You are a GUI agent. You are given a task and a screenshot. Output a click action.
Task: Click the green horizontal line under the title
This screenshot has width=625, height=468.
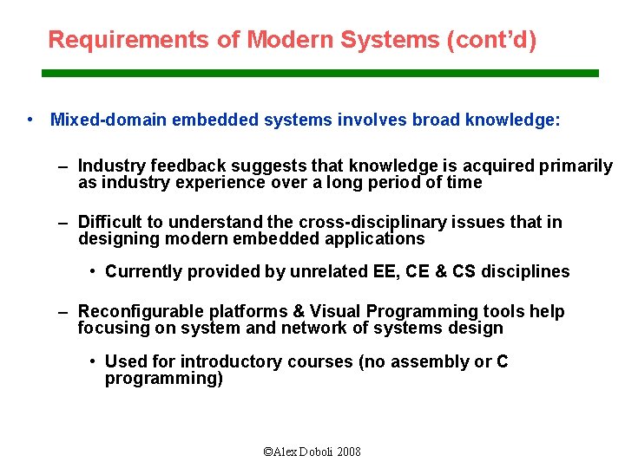click(x=320, y=74)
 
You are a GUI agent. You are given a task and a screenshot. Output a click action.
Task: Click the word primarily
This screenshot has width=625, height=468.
click(x=579, y=166)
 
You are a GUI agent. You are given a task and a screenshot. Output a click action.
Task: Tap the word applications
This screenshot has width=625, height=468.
click(x=380, y=239)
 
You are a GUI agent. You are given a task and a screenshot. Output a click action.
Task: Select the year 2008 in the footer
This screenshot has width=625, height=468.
click(x=348, y=452)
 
